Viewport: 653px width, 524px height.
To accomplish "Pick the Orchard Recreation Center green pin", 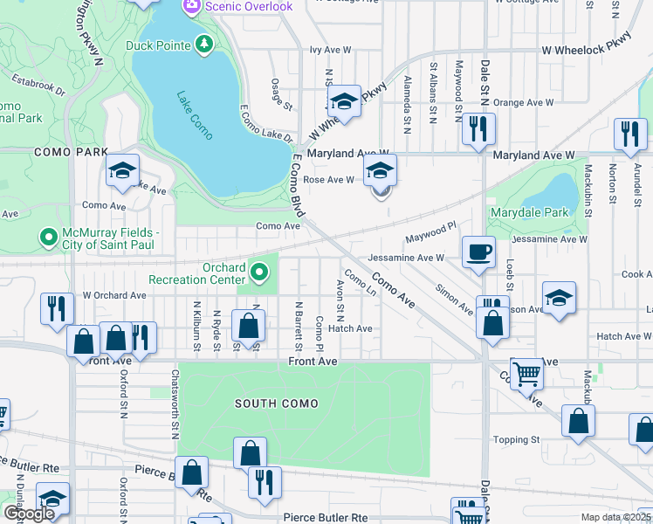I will [258, 273].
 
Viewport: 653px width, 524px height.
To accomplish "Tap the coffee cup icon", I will [478, 253].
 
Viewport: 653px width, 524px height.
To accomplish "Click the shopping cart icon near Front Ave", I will [526, 375].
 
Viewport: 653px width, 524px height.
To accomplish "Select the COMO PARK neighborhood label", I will [58, 151].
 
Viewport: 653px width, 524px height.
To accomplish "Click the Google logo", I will [29, 514].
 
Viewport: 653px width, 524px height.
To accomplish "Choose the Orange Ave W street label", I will [522, 102].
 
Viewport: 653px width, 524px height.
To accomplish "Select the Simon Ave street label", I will [454, 299].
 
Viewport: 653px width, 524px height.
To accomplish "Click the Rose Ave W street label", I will [327, 180].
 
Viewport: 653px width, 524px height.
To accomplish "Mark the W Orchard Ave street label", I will [114, 295].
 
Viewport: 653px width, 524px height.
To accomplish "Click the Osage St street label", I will [282, 94].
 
